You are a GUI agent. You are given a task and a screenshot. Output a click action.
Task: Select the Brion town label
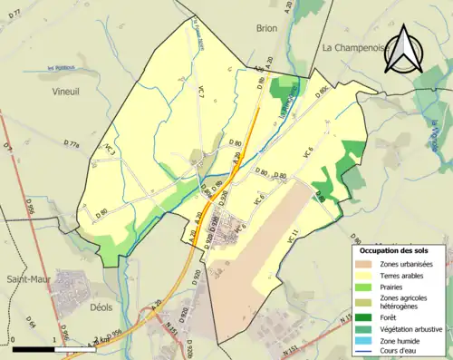266,29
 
